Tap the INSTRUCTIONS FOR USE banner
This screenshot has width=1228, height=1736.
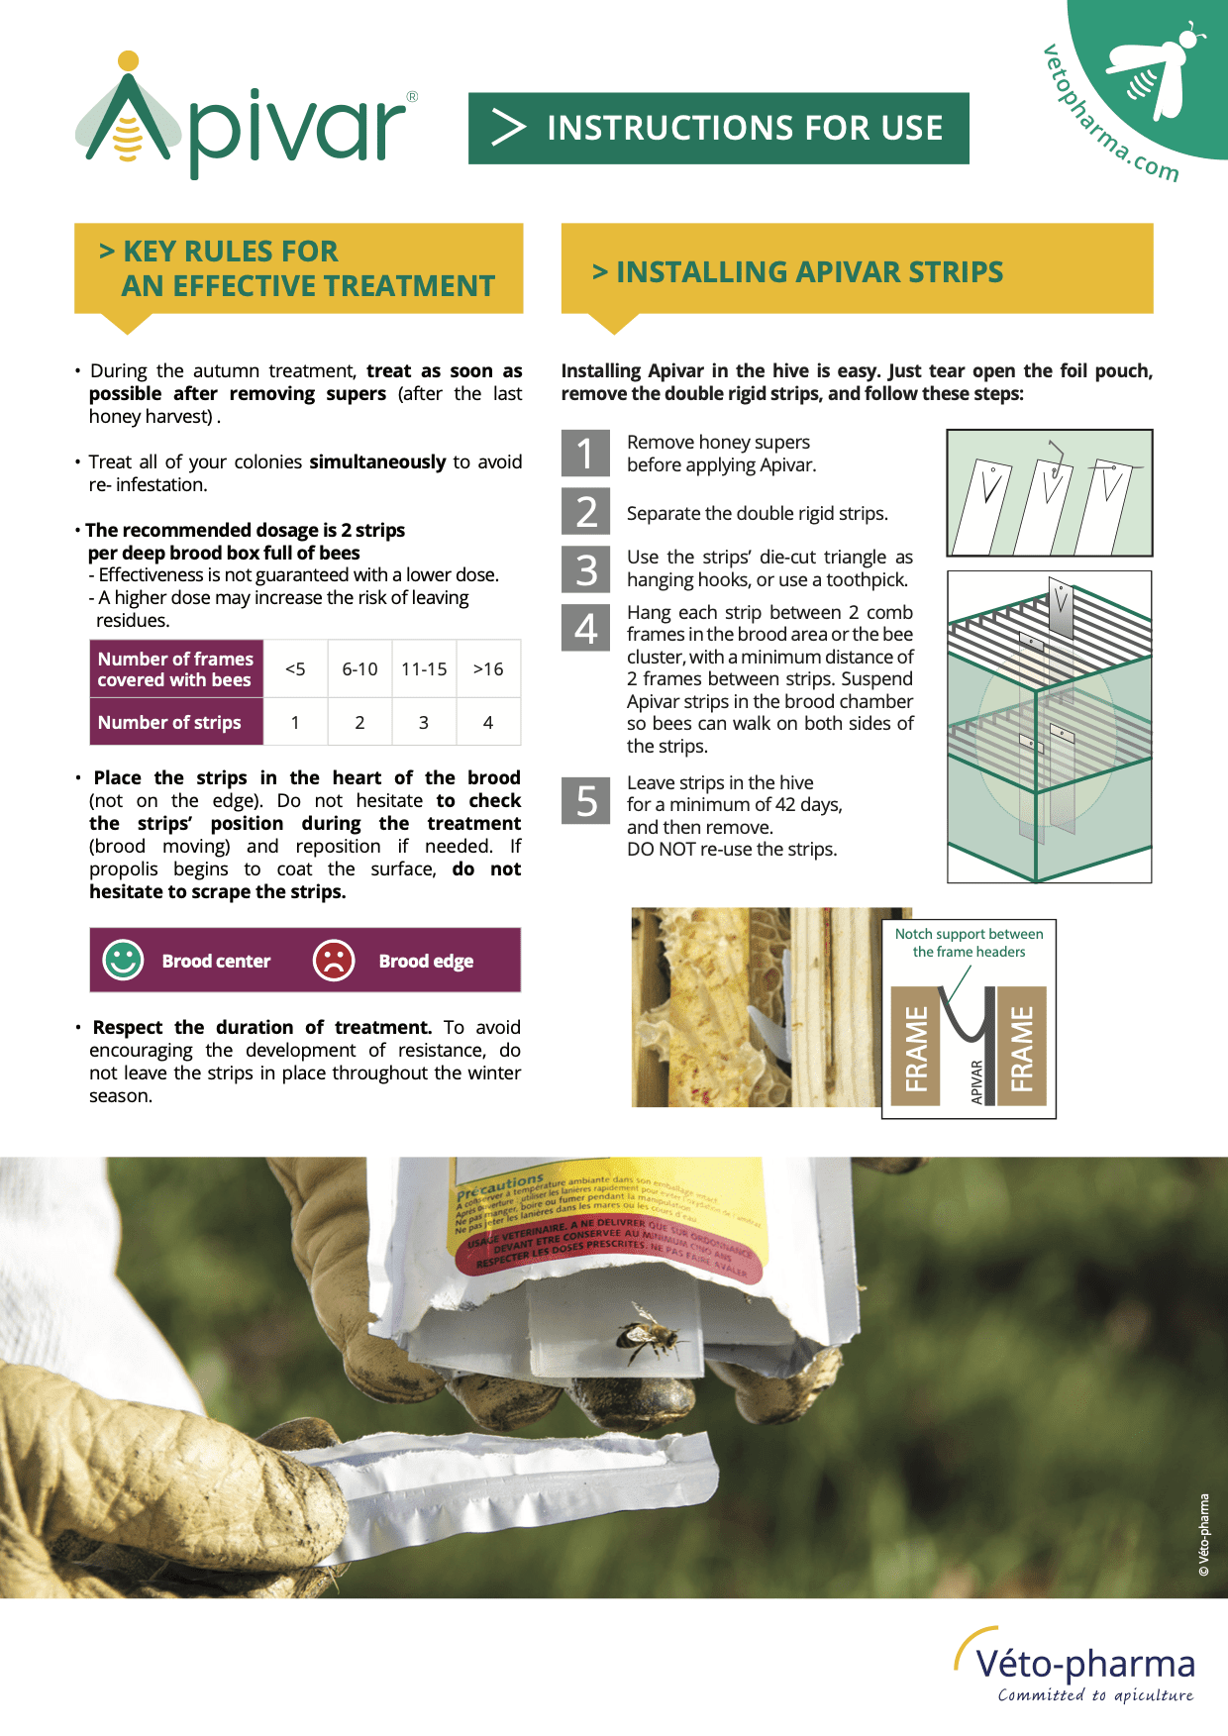(x=718, y=129)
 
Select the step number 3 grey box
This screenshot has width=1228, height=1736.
(x=585, y=569)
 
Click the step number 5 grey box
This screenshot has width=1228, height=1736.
(x=585, y=800)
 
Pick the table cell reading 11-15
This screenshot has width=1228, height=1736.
(x=424, y=669)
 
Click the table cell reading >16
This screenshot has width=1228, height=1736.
(x=488, y=669)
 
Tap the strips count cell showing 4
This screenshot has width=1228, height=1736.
(x=488, y=723)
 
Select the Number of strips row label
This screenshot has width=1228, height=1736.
(x=170, y=723)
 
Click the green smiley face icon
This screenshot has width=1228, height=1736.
(x=124, y=960)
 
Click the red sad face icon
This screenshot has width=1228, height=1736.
(x=334, y=960)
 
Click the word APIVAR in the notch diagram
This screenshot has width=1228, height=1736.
(x=977, y=1080)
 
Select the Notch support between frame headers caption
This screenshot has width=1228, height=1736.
(x=969, y=943)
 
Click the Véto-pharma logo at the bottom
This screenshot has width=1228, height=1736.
(x=1079, y=1666)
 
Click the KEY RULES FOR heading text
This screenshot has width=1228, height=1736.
(x=230, y=252)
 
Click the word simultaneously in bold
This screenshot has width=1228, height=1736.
(x=377, y=462)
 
